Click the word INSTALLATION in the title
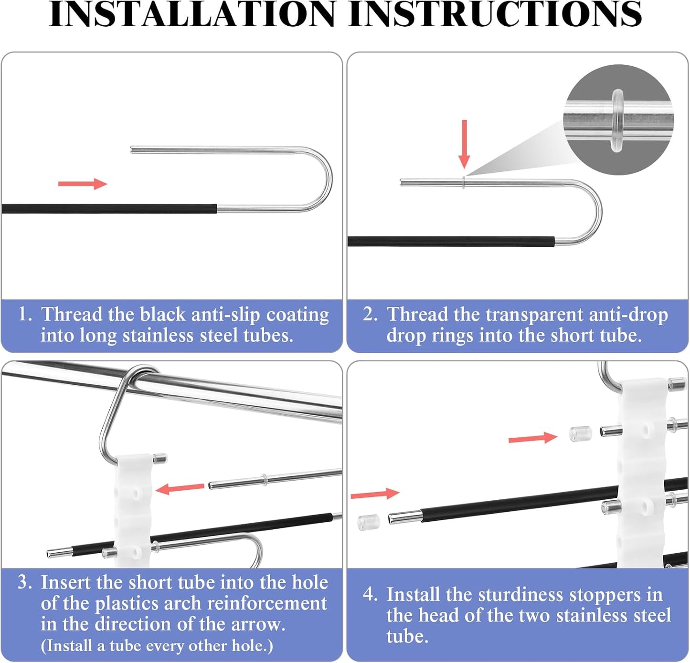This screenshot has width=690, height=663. (192, 14)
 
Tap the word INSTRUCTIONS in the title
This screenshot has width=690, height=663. (495, 14)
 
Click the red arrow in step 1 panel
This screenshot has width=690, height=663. (83, 184)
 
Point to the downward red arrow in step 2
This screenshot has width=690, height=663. (464, 144)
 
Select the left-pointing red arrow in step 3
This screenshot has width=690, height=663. (180, 489)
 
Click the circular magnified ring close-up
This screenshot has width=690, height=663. (618, 119)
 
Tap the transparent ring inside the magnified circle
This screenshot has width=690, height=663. (618, 120)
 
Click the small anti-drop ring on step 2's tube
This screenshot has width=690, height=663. (464, 182)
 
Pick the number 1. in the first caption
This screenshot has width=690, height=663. (25, 314)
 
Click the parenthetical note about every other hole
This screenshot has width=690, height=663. (157, 645)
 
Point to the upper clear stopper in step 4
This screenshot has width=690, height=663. (581, 433)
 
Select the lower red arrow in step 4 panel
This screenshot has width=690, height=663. (375, 494)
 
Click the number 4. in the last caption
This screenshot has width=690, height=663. (371, 594)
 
